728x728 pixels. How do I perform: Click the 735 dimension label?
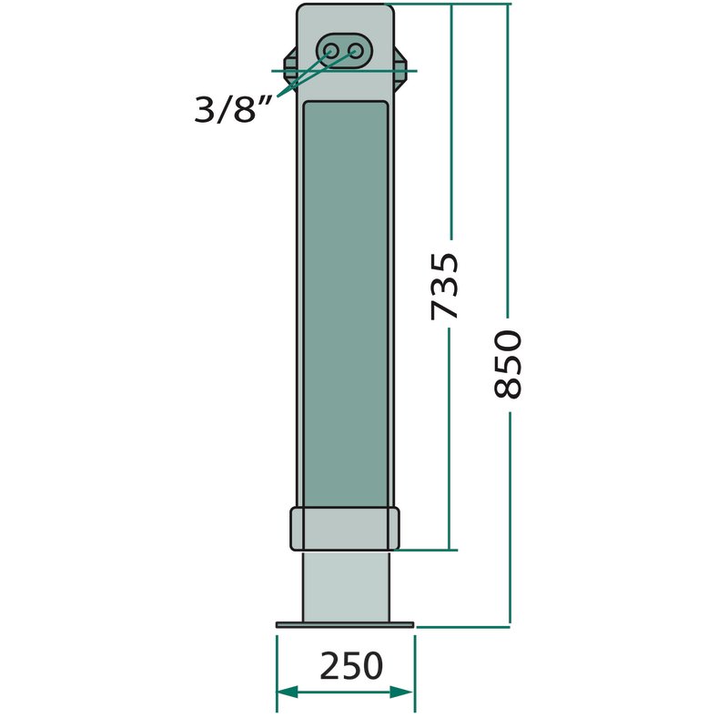(x=445, y=286)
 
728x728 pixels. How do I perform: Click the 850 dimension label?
(x=508, y=365)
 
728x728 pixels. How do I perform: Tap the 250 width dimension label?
(x=351, y=666)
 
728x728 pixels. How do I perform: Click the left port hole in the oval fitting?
(x=331, y=50)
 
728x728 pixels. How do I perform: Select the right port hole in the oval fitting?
(x=356, y=50)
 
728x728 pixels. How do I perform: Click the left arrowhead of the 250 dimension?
(x=288, y=692)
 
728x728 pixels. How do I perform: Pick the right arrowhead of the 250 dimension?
(x=401, y=692)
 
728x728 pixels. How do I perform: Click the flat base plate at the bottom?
(x=345, y=625)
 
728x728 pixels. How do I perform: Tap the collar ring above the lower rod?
(x=345, y=530)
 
